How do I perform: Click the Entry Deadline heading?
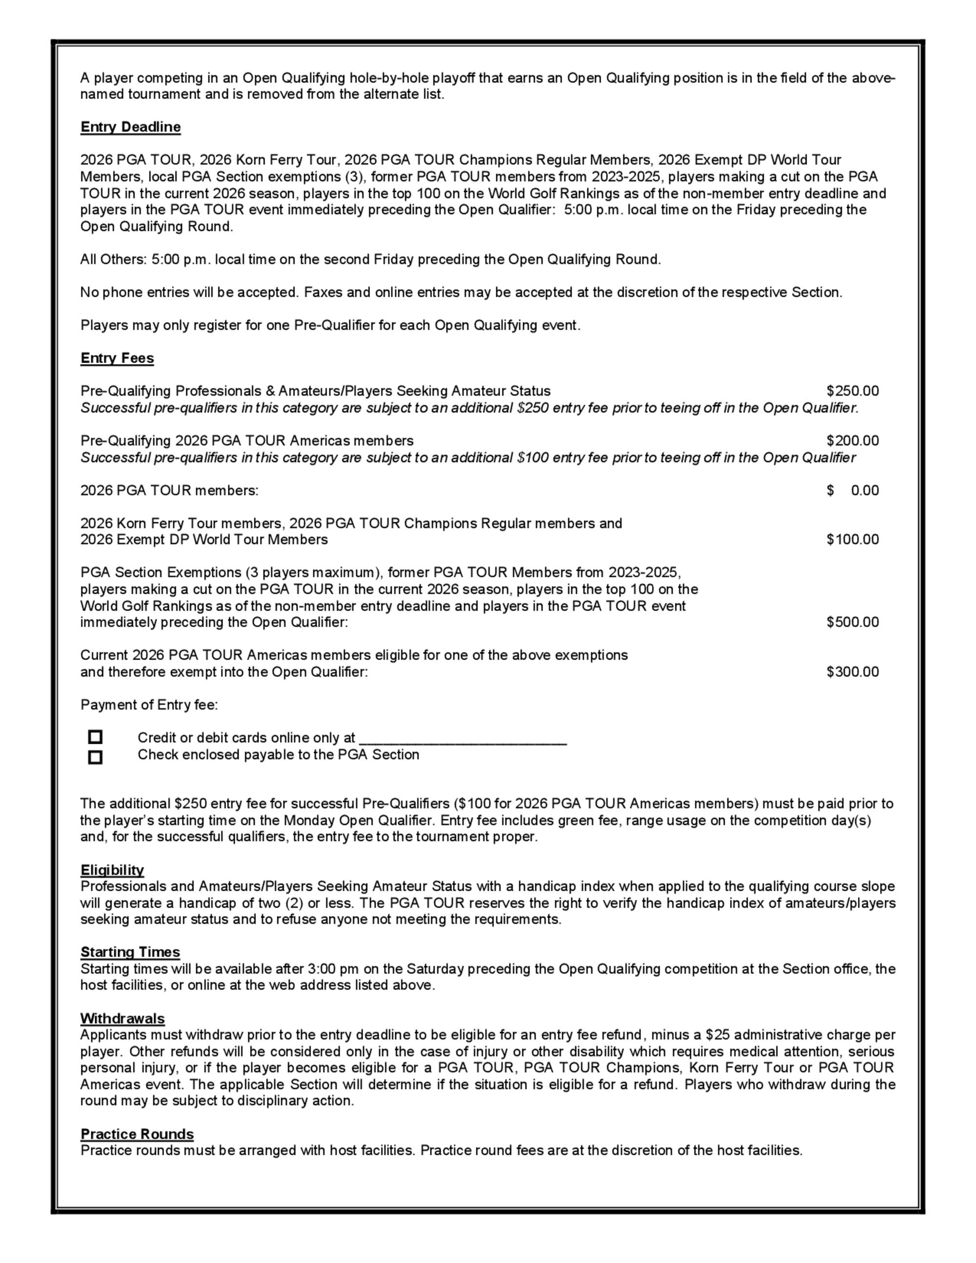point(130,127)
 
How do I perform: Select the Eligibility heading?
point(112,870)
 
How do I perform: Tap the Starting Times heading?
point(130,953)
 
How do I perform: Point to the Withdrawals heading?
point(122,1019)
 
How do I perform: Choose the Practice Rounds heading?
point(137,1134)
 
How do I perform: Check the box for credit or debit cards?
point(95,737)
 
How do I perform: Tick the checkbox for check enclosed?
point(95,757)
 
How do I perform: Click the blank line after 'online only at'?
point(463,739)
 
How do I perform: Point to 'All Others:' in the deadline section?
point(114,260)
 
